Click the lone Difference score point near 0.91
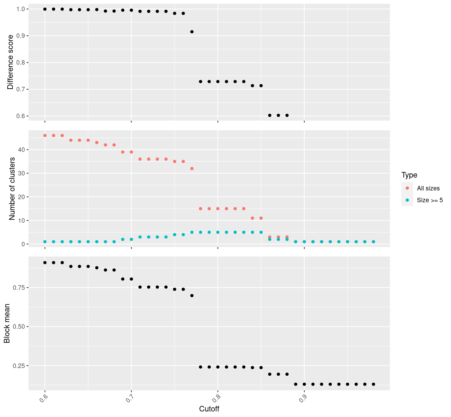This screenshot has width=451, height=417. click(192, 32)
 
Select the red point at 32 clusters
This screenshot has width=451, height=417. click(192, 169)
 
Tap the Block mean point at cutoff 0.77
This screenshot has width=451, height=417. click(192, 296)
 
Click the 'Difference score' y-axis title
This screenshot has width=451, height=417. click(10, 62)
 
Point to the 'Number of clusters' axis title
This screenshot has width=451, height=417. click(12, 189)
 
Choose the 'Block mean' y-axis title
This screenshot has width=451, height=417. click(7, 323)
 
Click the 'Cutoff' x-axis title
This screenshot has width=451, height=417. click(209, 409)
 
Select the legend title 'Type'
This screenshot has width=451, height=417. click(409, 175)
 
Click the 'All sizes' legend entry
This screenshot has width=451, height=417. click(428, 188)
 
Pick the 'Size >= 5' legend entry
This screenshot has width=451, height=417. click(430, 200)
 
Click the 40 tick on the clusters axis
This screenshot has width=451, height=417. click(21, 150)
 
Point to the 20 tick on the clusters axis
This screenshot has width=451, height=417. click(21, 197)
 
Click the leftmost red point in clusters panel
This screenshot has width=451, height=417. click(45, 136)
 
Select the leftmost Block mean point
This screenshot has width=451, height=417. click(45, 263)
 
